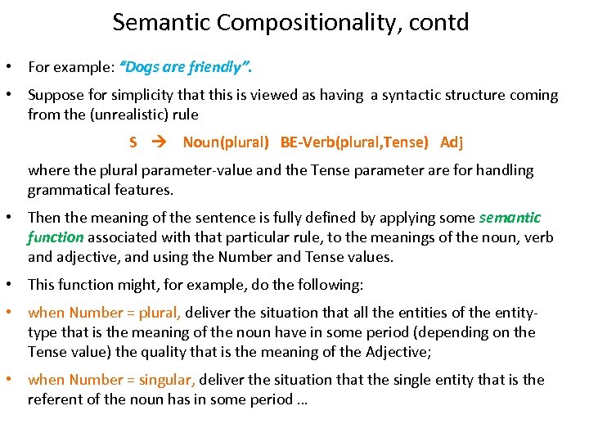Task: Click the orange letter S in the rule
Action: (x=133, y=142)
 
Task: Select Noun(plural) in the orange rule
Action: (x=226, y=142)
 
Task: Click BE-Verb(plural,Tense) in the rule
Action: (x=353, y=142)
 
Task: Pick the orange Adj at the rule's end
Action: (x=452, y=142)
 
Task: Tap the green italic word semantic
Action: (x=510, y=218)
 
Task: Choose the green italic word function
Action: (x=56, y=237)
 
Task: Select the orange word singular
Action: (x=166, y=380)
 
